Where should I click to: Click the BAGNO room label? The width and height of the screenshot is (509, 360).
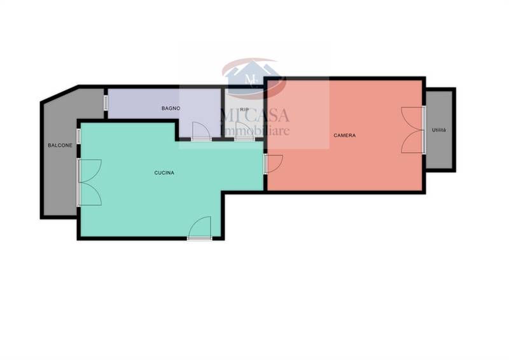click(171, 108)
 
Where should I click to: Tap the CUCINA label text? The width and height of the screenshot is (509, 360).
click(164, 173)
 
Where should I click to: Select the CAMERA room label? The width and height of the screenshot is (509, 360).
click(345, 135)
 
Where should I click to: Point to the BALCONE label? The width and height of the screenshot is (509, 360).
click(60, 146)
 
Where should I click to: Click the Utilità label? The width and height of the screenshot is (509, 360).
click(439, 130)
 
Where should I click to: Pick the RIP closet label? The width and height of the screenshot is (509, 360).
click(244, 110)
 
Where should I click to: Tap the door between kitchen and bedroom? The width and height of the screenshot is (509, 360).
click(274, 164)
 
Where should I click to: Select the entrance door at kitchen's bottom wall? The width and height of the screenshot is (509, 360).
click(200, 228)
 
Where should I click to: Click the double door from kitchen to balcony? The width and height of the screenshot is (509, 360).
click(90, 183)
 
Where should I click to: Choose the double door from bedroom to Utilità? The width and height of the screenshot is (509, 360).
click(413, 130)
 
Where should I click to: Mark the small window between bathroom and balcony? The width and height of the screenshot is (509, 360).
click(106, 102)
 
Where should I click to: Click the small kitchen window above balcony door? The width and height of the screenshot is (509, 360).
click(78, 136)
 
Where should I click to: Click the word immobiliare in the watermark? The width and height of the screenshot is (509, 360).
click(255, 131)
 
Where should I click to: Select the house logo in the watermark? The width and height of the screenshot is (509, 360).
click(254, 78)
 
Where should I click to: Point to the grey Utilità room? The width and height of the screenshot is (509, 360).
click(439, 130)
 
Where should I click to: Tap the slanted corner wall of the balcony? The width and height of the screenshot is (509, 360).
click(60, 94)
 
